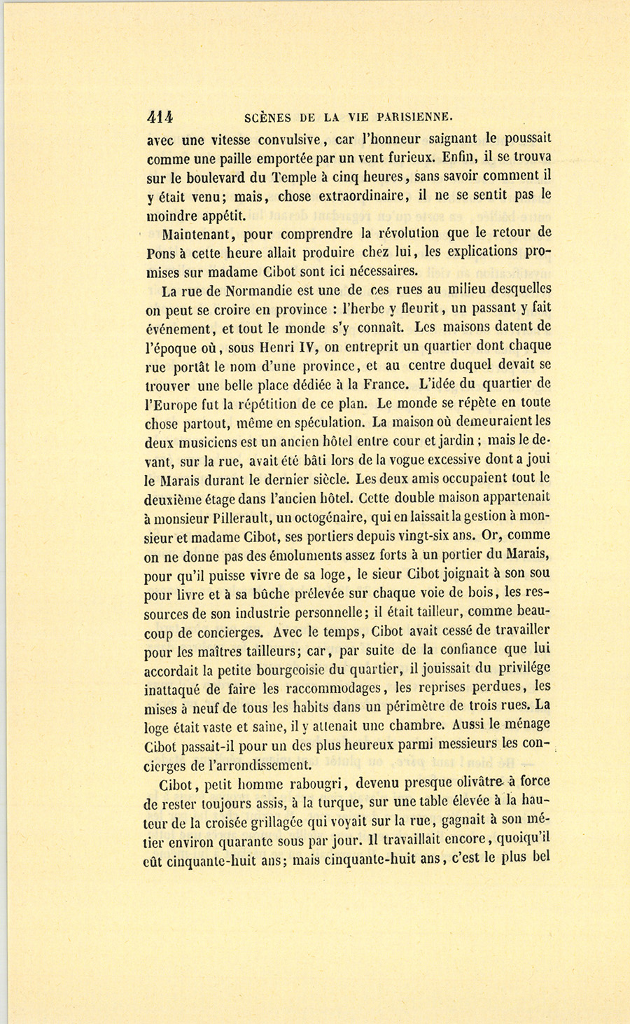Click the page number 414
click(x=160, y=116)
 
